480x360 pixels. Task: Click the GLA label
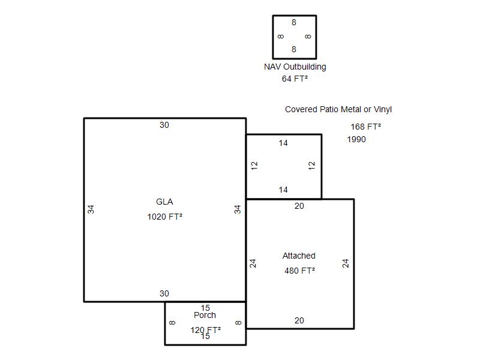tap(164, 202)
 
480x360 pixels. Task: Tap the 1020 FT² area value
tap(164, 217)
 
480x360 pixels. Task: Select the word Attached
tap(299, 256)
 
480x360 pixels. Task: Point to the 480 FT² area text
tap(299, 271)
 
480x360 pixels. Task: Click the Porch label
tap(205, 316)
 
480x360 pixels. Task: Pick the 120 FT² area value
tap(205, 330)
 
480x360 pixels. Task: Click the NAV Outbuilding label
tap(295, 67)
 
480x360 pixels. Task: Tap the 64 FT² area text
tap(295, 79)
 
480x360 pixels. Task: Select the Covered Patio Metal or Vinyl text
tap(338, 110)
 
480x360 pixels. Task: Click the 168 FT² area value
tap(365, 127)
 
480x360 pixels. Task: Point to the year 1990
tap(356, 140)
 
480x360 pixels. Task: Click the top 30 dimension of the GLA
tap(164, 125)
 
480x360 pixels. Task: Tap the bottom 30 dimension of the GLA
tap(164, 294)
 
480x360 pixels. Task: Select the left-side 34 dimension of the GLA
tap(91, 209)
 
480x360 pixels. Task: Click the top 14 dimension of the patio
tap(283, 143)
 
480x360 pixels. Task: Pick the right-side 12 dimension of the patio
tap(311, 165)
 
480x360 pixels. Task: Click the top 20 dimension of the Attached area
tap(299, 206)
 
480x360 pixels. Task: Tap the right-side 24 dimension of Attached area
tap(346, 263)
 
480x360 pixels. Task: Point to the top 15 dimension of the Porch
tap(205, 308)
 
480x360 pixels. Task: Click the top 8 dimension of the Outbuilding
tap(294, 23)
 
